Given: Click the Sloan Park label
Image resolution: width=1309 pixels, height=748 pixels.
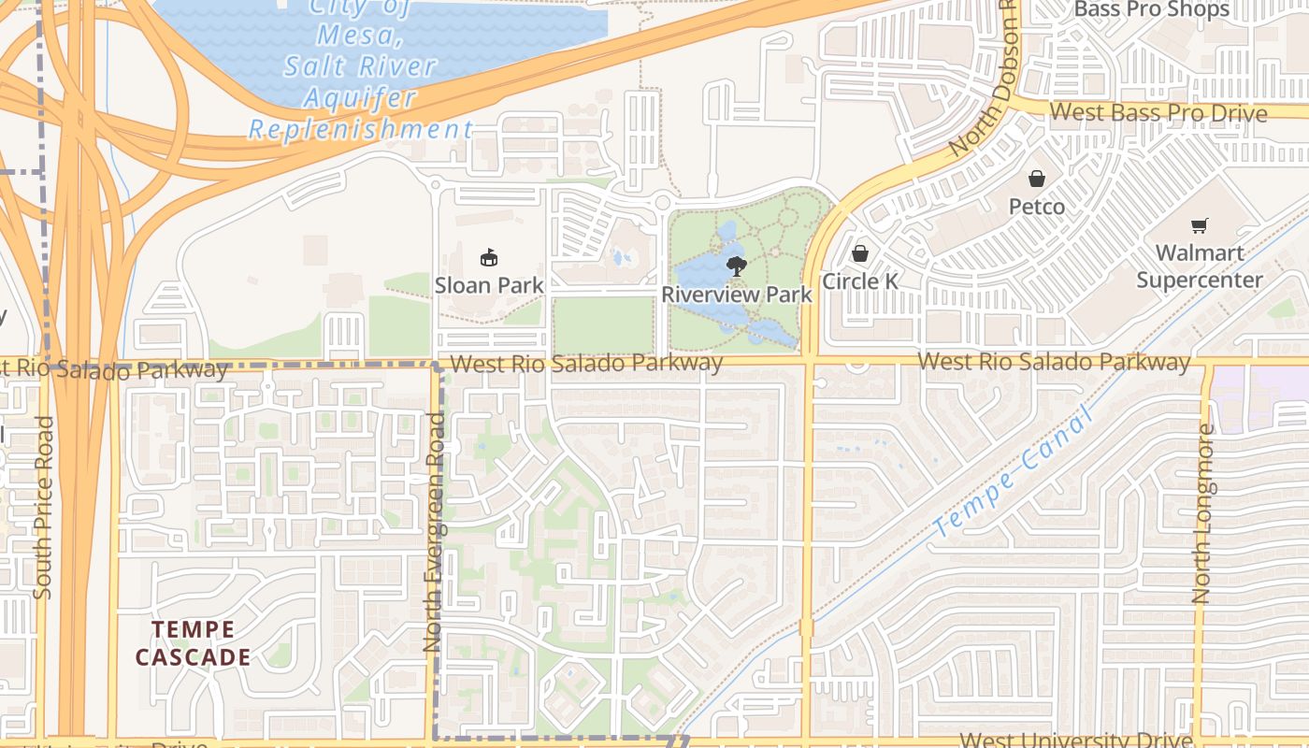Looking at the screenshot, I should click(x=489, y=285).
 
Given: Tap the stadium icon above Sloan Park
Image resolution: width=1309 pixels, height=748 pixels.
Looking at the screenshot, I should click(x=488, y=257).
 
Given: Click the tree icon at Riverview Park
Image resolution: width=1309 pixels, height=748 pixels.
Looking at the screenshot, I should click(x=737, y=266).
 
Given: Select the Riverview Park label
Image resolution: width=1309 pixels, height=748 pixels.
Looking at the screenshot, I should click(x=737, y=295).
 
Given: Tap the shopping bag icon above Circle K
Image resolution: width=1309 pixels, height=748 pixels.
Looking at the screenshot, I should click(x=860, y=253).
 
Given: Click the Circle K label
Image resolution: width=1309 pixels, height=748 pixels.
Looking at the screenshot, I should click(x=860, y=281).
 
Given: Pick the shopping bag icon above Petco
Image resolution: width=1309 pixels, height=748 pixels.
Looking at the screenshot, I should click(x=1037, y=179).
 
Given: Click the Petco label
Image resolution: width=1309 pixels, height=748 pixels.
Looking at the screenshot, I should click(x=1037, y=206).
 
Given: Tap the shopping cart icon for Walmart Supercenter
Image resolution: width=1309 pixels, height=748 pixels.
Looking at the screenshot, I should click(x=1200, y=225).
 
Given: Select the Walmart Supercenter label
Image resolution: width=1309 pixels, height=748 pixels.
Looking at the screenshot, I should click(x=1200, y=266).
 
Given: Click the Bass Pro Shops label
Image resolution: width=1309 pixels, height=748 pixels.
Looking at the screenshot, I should click(x=1152, y=10).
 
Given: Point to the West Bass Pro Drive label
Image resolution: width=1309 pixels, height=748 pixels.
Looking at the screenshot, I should click(x=1158, y=113).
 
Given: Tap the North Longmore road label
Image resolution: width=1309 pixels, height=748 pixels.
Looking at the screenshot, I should click(x=1204, y=514).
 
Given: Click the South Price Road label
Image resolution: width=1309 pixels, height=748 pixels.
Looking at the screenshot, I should click(x=43, y=508).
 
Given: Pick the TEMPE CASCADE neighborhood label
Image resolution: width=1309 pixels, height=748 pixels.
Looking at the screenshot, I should click(x=194, y=643).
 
